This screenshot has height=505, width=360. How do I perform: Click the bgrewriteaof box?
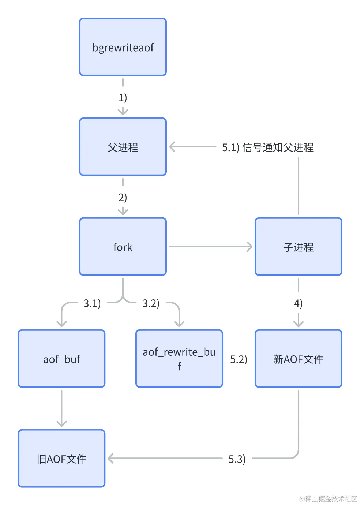tap(123, 47)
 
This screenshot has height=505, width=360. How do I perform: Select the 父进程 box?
tap(123, 147)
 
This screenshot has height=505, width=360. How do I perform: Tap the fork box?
tap(123, 247)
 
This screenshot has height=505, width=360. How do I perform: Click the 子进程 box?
tap(298, 247)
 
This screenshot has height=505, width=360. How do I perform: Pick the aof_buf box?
tap(61, 359)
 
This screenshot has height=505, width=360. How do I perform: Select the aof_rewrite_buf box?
tap(179, 359)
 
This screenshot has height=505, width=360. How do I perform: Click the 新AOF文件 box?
tap(298, 359)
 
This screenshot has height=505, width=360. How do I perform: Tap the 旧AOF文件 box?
tap(61, 459)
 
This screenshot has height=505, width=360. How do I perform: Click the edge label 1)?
tap(123, 97)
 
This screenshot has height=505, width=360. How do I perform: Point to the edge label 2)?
tap(123, 197)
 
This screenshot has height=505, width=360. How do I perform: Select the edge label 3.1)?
tap(92, 303)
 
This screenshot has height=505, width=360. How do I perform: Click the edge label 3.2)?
tap(151, 303)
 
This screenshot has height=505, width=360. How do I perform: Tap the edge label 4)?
tap(298, 303)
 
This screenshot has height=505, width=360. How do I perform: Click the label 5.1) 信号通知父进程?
tap(268, 147)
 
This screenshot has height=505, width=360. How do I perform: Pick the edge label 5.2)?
tap(239, 359)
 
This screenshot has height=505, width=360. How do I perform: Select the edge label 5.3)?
tap(237, 459)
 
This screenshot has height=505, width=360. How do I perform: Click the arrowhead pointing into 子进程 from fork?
tap(250, 247)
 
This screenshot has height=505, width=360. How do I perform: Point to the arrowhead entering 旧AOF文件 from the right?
tap(110, 459)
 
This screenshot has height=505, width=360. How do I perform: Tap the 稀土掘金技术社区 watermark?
tap(328, 498)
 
